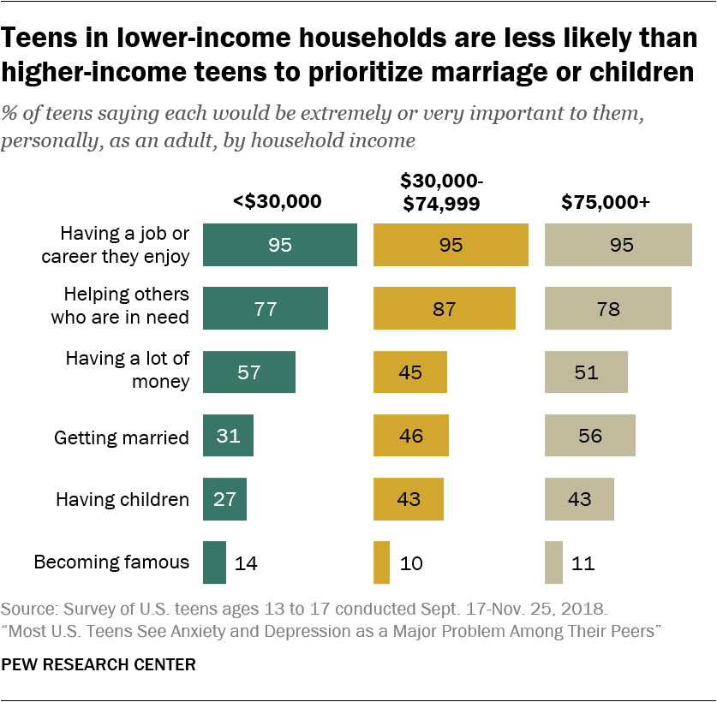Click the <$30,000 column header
click(x=277, y=202)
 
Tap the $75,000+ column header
click(x=606, y=202)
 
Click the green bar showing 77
click(x=265, y=308)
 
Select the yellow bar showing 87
click(x=445, y=308)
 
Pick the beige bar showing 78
click(x=608, y=308)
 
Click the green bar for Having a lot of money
click(x=248, y=372)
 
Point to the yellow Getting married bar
click(x=410, y=436)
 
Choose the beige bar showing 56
click(x=590, y=436)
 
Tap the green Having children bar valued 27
click(x=224, y=499)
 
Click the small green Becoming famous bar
click(x=214, y=562)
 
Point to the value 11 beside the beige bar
click(x=583, y=563)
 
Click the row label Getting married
click(x=122, y=437)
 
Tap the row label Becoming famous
click(x=111, y=562)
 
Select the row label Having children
click(x=122, y=499)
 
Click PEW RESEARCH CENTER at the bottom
click(x=99, y=664)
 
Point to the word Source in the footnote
click(x=27, y=610)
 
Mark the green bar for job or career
click(x=279, y=245)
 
